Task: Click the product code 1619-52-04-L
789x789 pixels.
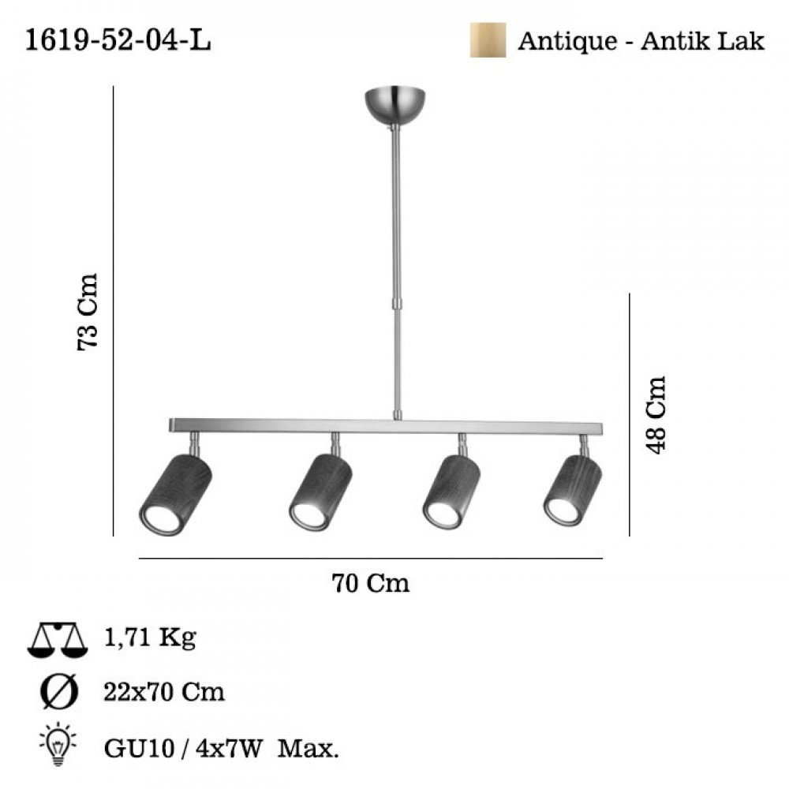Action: [118, 39]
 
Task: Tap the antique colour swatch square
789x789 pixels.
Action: [488, 39]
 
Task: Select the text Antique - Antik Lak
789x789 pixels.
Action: [641, 41]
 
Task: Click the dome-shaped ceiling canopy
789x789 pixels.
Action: [395, 106]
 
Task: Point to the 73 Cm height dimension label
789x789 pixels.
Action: [87, 312]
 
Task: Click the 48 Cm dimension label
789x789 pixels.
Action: [656, 415]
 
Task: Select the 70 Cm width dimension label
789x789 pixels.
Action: [370, 583]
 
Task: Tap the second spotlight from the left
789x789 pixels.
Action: [320, 492]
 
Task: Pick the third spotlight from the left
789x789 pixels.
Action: [451, 492]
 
